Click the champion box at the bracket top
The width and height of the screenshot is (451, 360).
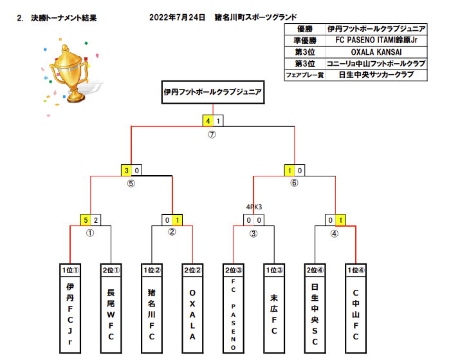[212, 92]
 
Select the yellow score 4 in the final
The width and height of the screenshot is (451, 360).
[208, 120]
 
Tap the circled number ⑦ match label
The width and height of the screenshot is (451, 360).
[212, 135]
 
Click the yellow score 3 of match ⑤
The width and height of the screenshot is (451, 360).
[127, 171]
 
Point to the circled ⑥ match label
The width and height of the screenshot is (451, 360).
[294, 183]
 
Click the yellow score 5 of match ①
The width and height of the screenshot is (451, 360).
[85, 220]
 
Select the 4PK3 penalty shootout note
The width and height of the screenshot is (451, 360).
[254, 207]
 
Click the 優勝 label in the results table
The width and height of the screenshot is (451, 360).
[304, 29]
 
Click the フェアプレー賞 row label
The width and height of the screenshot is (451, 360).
[304, 75]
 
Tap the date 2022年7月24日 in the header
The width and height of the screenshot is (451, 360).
[177, 17]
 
